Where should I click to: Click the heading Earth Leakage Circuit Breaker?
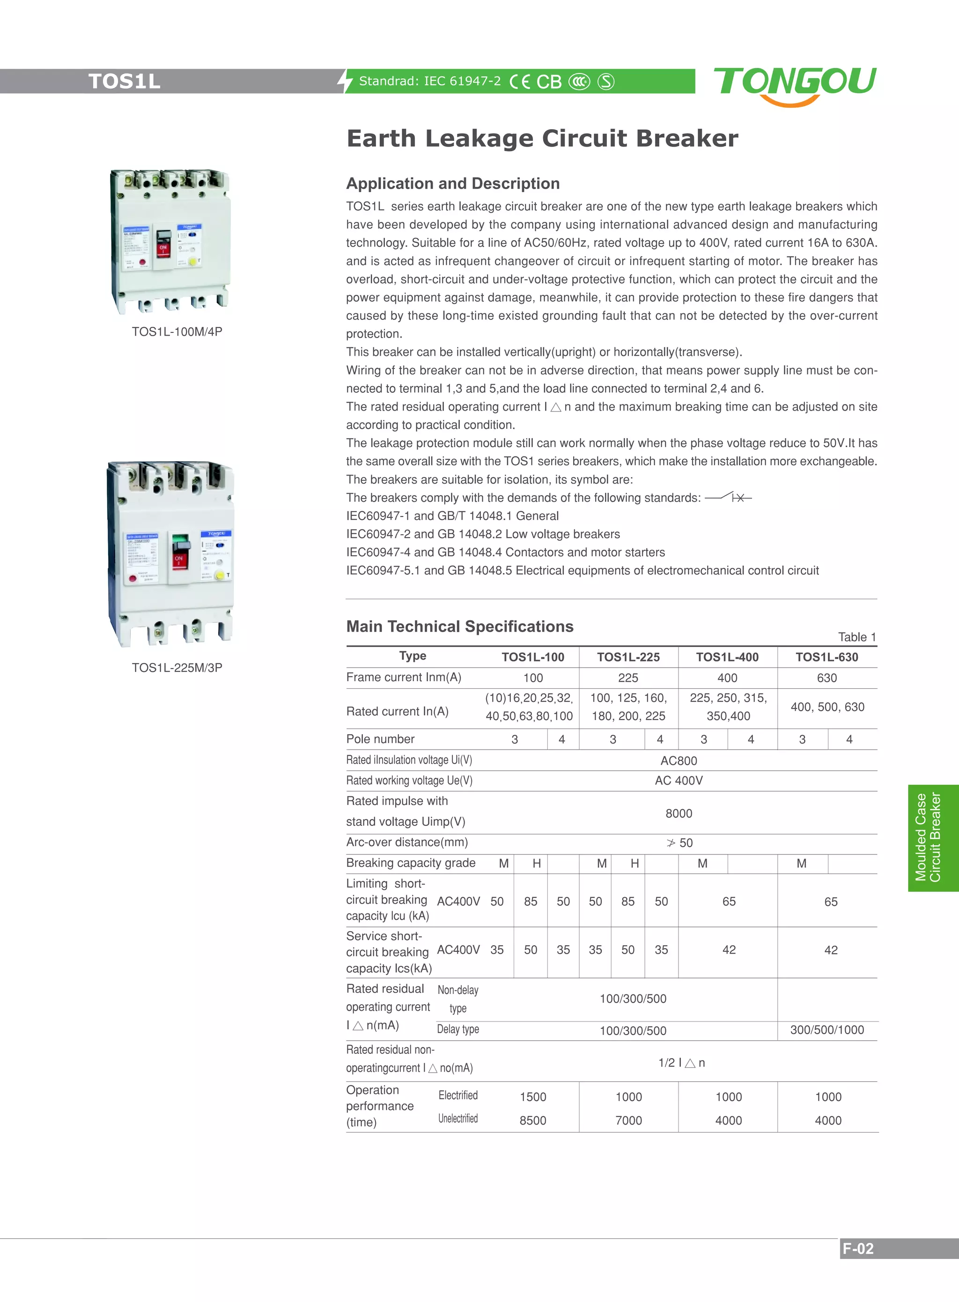click(x=542, y=139)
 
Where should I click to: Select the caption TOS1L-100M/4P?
click(x=177, y=331)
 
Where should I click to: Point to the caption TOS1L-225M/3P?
click(x=177, y=668)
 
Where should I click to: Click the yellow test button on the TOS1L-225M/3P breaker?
click(x=220, y=575)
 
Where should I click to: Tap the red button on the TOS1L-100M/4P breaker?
click(x=143, y=262)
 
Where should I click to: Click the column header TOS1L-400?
click(x=727, y=657)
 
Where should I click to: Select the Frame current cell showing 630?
click(x=826, y=678)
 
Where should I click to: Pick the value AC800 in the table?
click(x=679, y=760)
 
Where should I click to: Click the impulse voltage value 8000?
click(x=679, y=813)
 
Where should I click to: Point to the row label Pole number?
click(x=380, y=739)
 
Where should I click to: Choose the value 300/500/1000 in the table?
click(x=826, y=1030)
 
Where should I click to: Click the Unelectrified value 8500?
click(x=532, y=1120)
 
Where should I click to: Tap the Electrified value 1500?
click(x=532, y=1096)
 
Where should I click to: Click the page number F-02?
click(x=858, y=1249)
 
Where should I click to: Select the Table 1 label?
click(x=857, y=637)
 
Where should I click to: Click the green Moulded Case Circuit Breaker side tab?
click(x=927, y=838)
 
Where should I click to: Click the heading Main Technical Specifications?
click(x=459, y=626)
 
